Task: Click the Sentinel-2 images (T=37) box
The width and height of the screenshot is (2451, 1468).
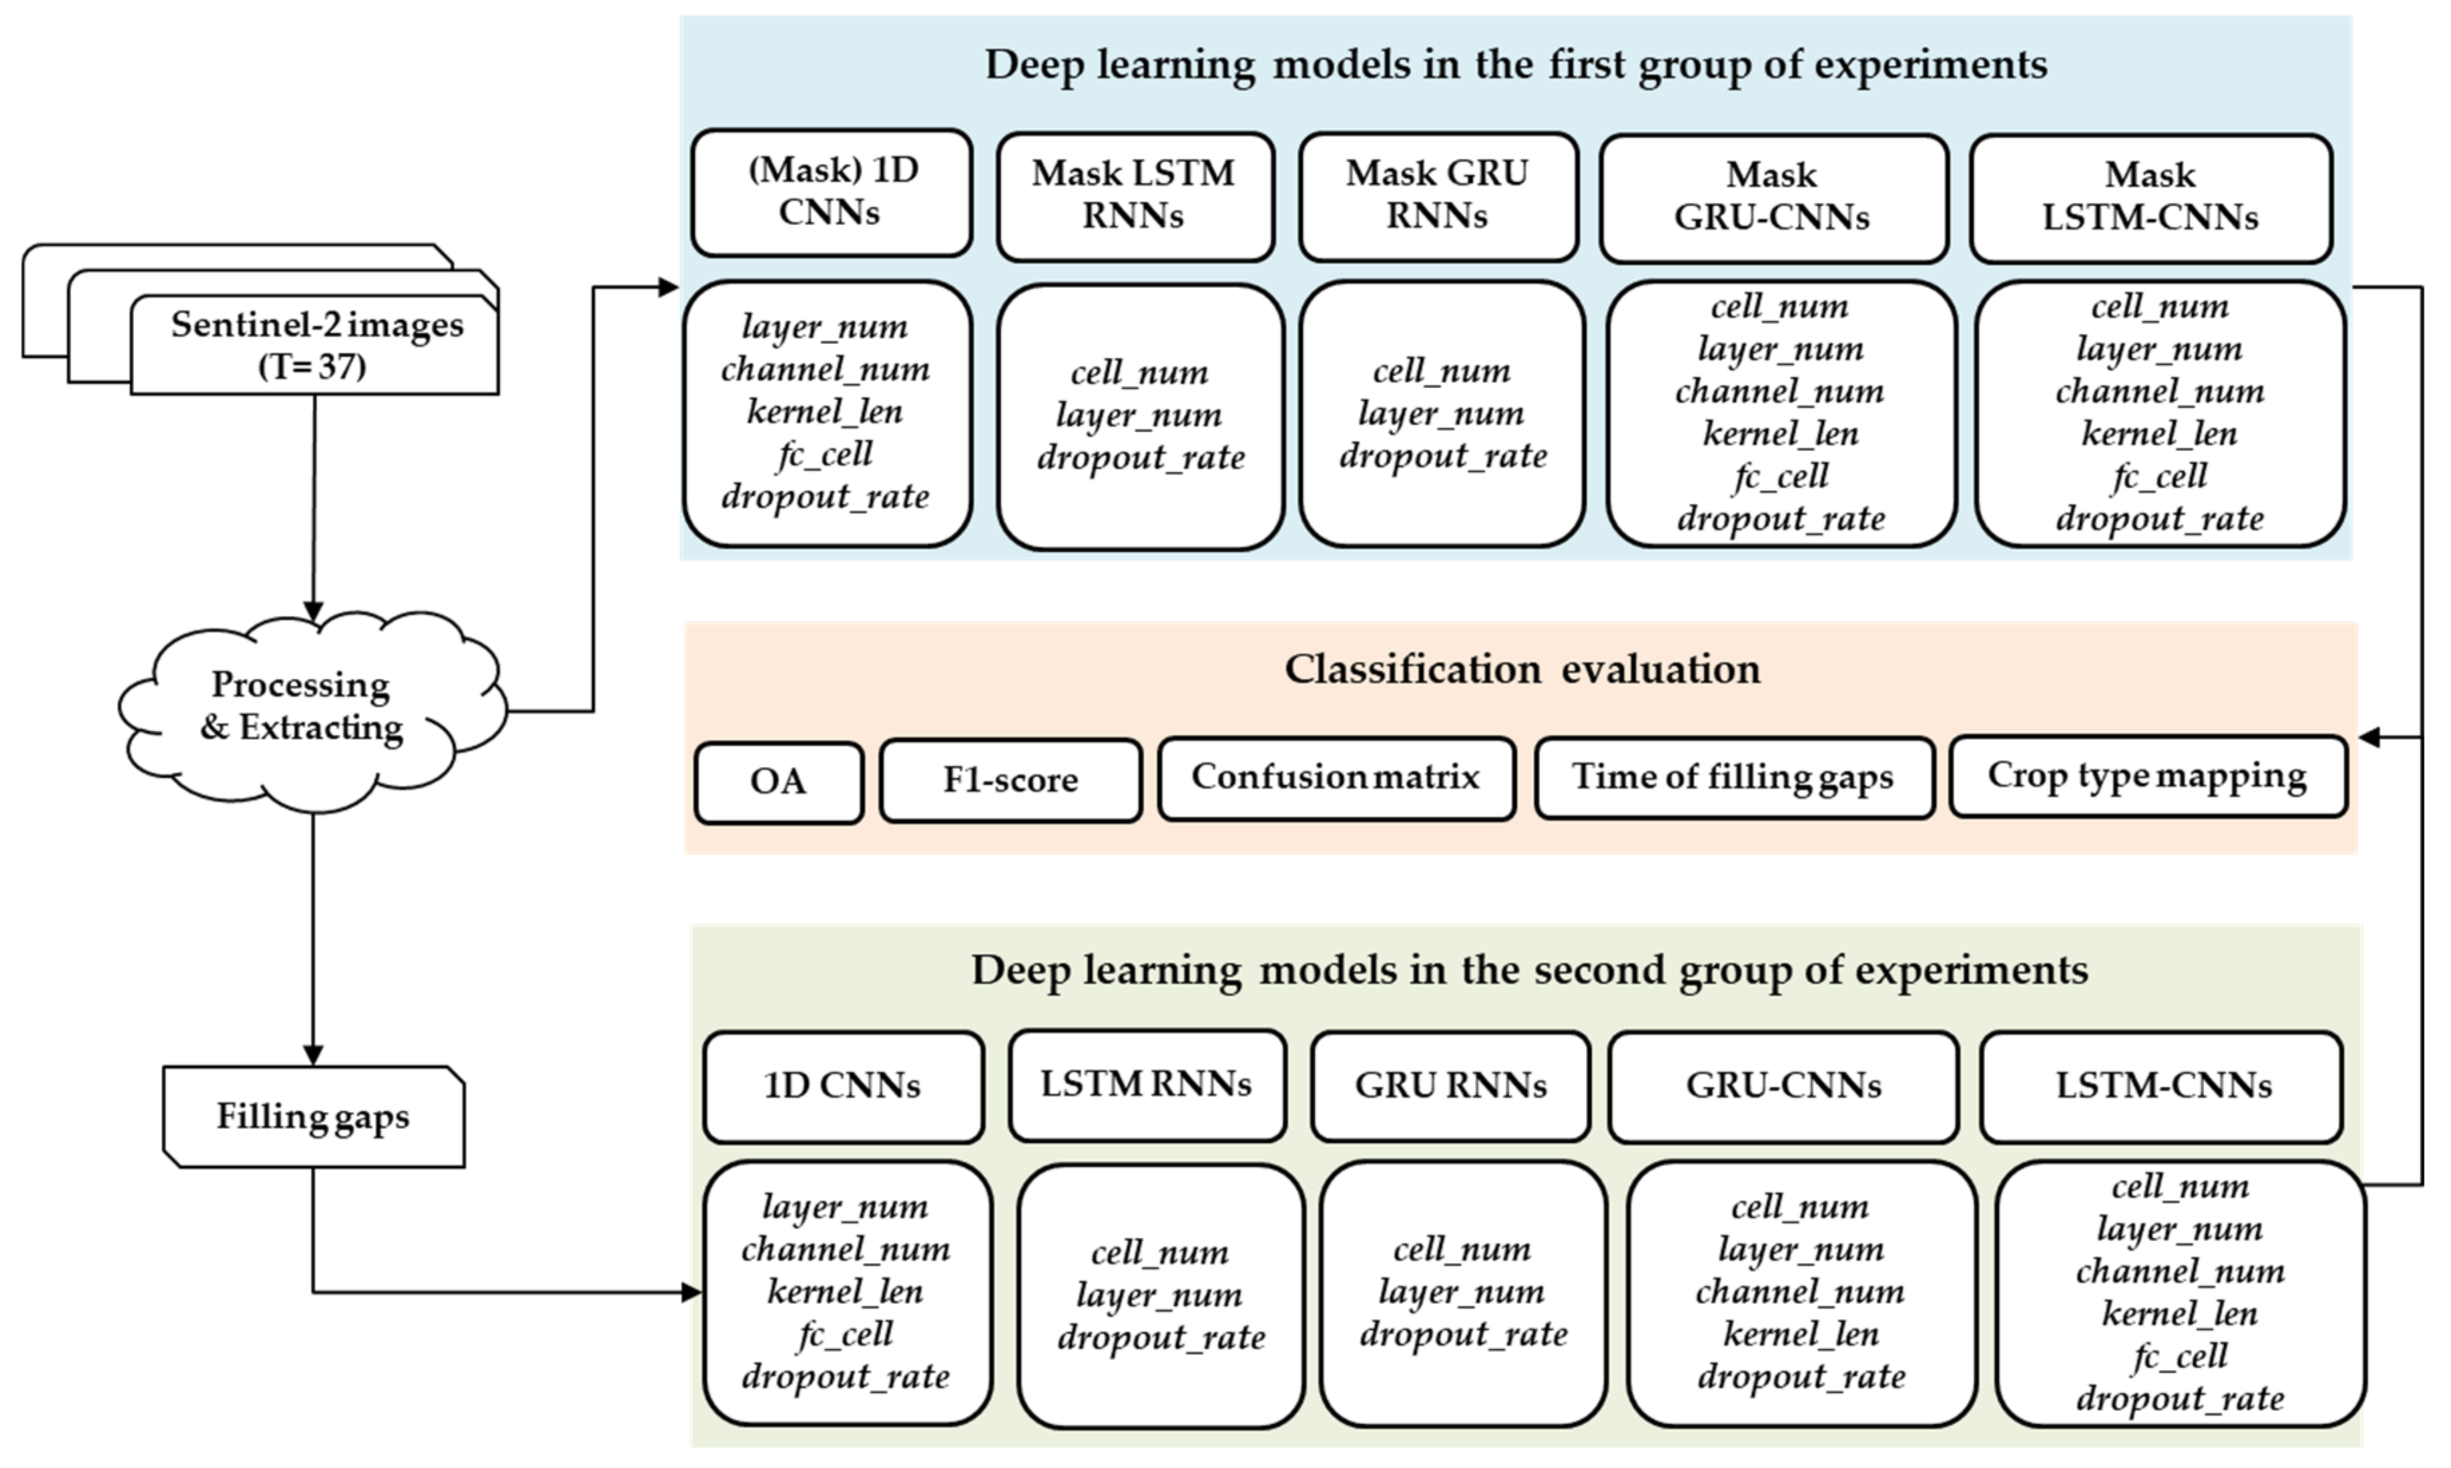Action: [x=315, y=344]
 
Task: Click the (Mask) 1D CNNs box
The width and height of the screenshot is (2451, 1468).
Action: [x=831, y=192]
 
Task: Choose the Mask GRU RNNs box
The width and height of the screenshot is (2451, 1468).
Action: [x=1437, y=195]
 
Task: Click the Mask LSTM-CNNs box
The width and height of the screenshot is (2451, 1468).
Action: [x=2150, y=197]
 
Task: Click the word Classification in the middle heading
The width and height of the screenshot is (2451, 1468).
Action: [x=1413, y=670]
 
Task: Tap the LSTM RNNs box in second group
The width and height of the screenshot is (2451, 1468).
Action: [x=1146, y=1085]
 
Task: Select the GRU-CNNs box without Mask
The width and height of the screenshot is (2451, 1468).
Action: [x=1783, y=1086]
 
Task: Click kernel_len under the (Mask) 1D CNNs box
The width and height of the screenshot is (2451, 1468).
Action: [x=825, y=412]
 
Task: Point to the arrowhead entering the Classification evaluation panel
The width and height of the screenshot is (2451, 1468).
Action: [x=2370, y=737]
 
